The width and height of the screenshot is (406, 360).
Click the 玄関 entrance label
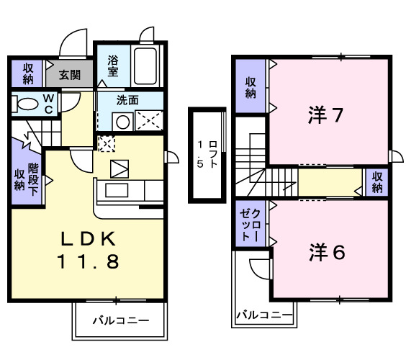pyautogui.click(x=70, y=74)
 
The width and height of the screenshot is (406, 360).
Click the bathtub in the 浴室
pyautogui.click(x=148, y=68)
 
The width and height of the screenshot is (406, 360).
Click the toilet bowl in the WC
pyautogui.click(x=24, y=103)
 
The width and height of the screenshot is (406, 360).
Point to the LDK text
pyautogui.click(x=84, y=239)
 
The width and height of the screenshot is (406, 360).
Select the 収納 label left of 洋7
pyautogui.click(x=251, y=88)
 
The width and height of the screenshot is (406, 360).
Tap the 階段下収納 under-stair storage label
pyautogui.click(x=26, y=176)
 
